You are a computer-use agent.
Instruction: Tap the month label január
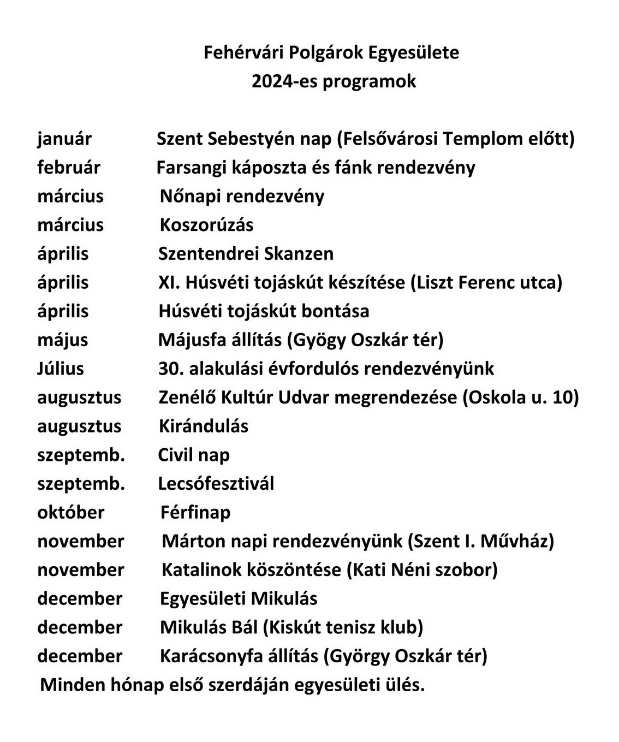click(64, 139)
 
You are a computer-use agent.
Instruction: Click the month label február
click(69, 168)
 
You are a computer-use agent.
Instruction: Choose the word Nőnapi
click(191, 196)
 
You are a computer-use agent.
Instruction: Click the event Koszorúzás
click(207, 225)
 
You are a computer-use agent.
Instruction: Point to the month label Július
click(61, 369)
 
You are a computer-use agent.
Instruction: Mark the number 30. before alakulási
click(170, 369)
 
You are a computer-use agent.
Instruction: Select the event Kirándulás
click(204, 426)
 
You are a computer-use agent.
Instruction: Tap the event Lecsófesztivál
click(216, 484)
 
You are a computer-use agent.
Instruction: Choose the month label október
click(71, 512)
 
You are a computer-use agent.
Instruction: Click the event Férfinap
click(195, 512)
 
